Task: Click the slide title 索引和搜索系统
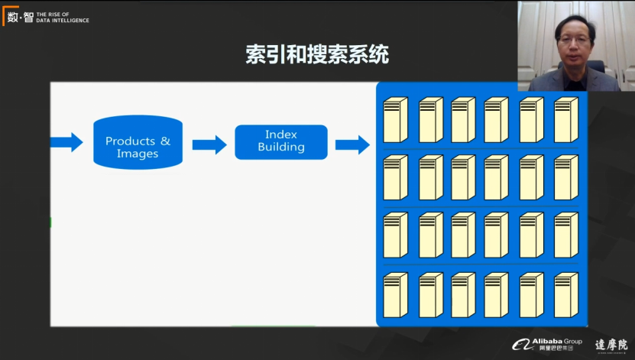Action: tap(317, 55)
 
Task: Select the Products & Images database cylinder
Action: tap(138, 142)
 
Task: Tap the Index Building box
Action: tap(280, 141)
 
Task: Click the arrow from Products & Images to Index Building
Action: tap(209, 144)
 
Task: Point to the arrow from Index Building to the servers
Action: tap(352, 144)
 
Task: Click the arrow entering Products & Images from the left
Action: tap(66, 142)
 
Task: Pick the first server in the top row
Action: tap(395, 120)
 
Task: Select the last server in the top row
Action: tap(565, 120)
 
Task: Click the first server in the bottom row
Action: tap(395, 294)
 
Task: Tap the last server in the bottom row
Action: tap(565, 294)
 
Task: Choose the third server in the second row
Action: tap(463, 177)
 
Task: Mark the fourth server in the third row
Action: tap(496, 235)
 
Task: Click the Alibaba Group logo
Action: tap(546, 343)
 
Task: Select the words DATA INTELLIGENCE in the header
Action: tap(63, 21)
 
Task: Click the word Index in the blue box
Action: tap(280, 135)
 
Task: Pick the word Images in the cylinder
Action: tap(138, 154)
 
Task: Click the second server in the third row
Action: tap(430, 235)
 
